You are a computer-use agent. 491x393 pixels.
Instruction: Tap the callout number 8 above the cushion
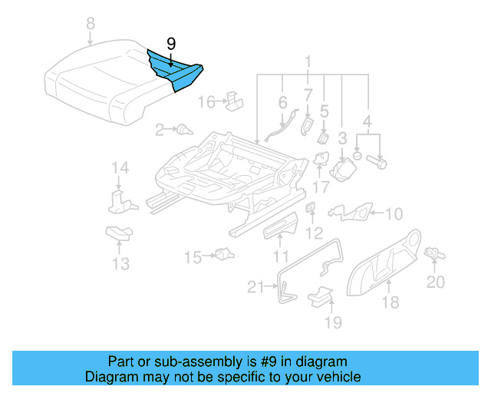pos(91,25)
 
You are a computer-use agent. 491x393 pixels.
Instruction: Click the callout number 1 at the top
pos(308,61)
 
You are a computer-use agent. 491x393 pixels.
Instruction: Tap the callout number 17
pos(321,185)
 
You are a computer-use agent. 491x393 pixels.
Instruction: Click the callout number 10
pos(393,213)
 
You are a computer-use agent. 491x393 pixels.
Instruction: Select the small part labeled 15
pos(223,254)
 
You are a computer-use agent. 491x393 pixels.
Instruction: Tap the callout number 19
pos(332,322)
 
